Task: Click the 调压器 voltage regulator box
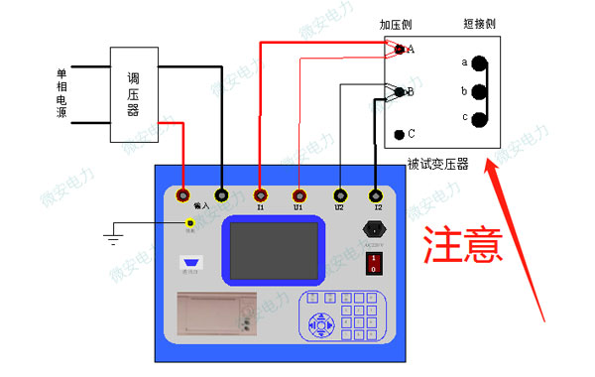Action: tap(133, 93)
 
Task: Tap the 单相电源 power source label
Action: tap(61, 94)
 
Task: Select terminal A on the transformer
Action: tap(400, 49)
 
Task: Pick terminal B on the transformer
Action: tap(400, 92)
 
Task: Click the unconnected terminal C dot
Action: tap(399, 134)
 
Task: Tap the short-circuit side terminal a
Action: tap(479, 63)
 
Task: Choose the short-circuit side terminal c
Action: tap(479, 119)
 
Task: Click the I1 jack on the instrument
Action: tap(261, 196)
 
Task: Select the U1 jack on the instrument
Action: tap(299, 196)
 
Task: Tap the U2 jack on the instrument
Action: tap(339, 196)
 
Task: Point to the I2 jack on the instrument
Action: tap(376, 196)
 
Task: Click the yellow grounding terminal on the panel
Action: tap(190, 223)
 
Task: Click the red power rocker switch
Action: tap(373, 262)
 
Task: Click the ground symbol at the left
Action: tap(112, 238)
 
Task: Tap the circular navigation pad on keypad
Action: tap(320, 323)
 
